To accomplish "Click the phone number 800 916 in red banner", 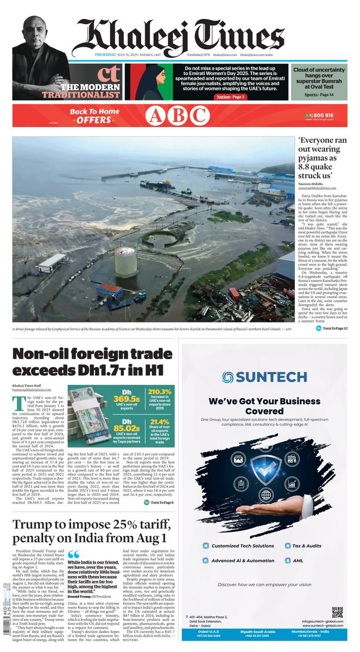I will pyautogui.click(x=322, y=116).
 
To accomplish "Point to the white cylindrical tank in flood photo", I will pyautogui.click(x=125, y=261).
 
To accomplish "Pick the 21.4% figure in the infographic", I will pyautogui.click(x=159, y=422).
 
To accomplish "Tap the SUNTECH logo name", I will pyautogui.click(x=264, y=377).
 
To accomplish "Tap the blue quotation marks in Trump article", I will pyautogui.click(x=73, y=554).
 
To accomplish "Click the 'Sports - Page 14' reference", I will pyautogui.click(x=319, y=95).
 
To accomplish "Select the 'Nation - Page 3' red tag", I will pyautogui.click(x=231, y=97).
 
